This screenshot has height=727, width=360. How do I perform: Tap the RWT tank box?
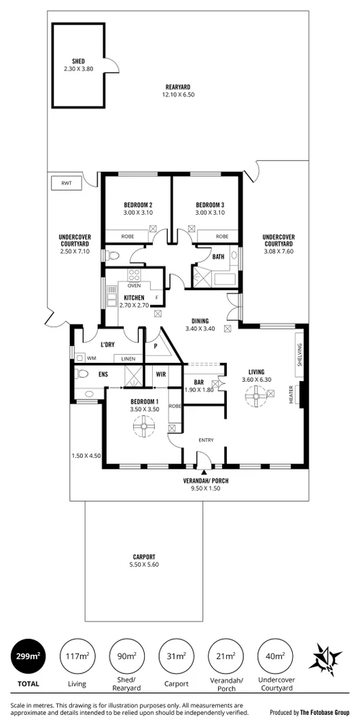(x=66, y=183)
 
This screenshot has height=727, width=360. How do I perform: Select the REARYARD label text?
(x=177, y=86)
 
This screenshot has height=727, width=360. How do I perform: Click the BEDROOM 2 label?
(x=137, y=205)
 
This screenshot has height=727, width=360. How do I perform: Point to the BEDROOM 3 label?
(x=210, y=205)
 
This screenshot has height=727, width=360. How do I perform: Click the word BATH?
(x=218, y=257)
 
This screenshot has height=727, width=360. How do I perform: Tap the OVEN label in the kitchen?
(x=134, y=286)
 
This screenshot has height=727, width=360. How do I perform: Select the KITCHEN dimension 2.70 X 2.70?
(x=134, y=306)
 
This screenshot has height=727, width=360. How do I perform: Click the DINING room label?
(x=200, y=321)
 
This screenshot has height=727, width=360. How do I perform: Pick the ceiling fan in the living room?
(x=258, y=396)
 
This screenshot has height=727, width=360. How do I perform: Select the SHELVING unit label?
(x=300, y=354)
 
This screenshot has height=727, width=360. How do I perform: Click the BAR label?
(x=199, y=383)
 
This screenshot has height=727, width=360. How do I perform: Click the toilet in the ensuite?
(x=81, y=374)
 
